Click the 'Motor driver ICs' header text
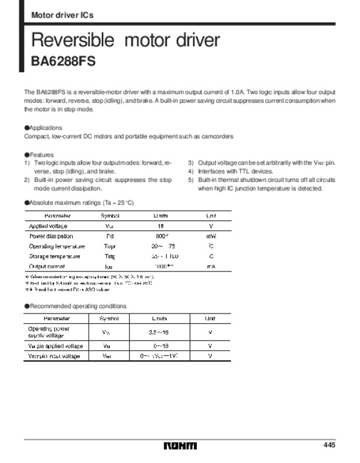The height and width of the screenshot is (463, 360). coord(62,14)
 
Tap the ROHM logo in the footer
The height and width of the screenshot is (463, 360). coord(180,446)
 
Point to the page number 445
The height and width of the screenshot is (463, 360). coord(328,445)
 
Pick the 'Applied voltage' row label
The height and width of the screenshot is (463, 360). coord(49,226)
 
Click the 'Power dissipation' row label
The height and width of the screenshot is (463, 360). coord(52,236)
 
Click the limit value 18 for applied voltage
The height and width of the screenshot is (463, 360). coord(160,226)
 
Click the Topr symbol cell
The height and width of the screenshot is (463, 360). coord(109,246)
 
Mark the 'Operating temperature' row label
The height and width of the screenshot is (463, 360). coord(57,246)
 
